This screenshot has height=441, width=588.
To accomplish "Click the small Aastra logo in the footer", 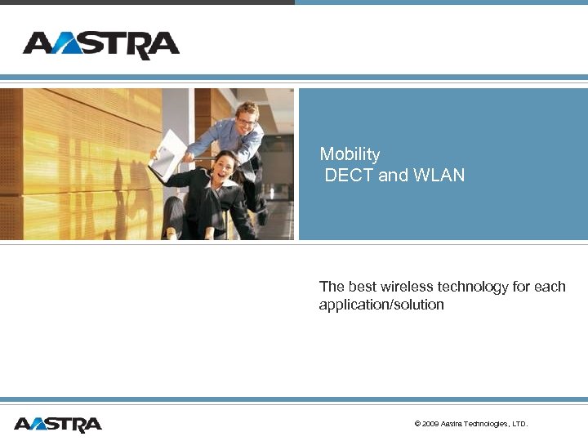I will tap(58, 424).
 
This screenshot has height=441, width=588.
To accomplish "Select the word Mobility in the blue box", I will tap(350, 154).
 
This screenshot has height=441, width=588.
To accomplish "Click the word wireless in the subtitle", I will tap(405, 287).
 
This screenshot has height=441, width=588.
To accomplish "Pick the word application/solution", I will tap(381, 305).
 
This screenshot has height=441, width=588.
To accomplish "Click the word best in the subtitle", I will tap(362, 287).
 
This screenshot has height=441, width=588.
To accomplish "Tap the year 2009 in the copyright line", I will tap(431, 424).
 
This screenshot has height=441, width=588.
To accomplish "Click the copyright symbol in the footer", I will tap(417, 424).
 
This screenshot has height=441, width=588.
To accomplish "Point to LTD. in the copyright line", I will tap(519, 424).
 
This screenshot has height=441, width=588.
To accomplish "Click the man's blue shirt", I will tap(233, 139).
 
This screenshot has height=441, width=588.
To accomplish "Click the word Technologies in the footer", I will tap(486, 424).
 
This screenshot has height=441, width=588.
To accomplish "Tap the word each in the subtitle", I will tap(550, 287).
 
